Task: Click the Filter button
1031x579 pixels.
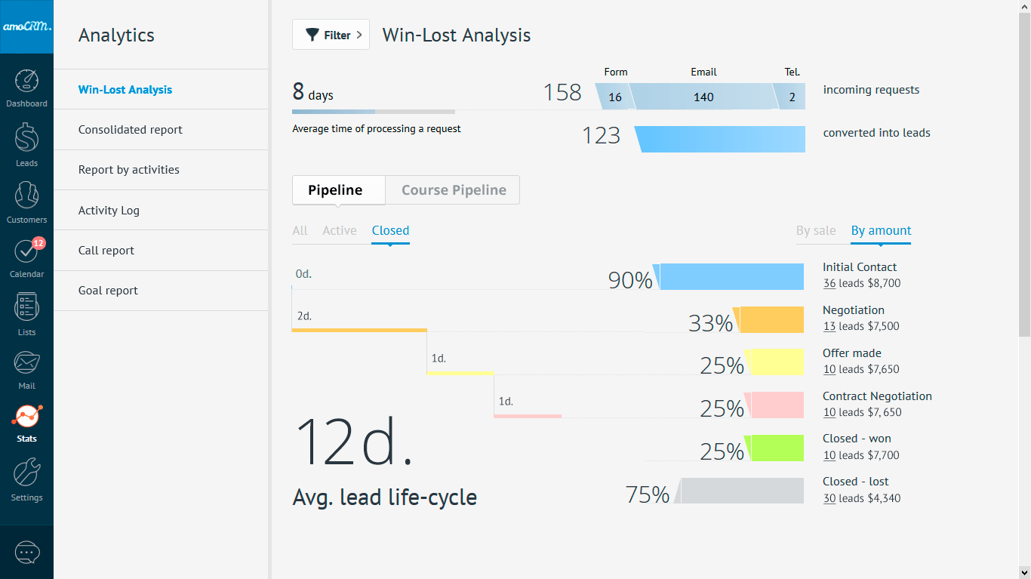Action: click(x=331, y=35)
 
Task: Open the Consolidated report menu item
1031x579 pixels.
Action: click(x=131, y=130)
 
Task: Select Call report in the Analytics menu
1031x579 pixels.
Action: click(x=106, y=251)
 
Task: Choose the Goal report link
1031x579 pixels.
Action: click(x=108, y=291)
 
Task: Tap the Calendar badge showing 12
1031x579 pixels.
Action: click(x=38, y=243)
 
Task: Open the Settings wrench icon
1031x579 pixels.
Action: click(x=26, y=473)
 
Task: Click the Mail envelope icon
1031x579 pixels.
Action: click(x=26, y=363)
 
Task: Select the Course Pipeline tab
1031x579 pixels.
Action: click(x=453, y=190)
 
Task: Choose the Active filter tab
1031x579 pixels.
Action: click(x=339, y=231)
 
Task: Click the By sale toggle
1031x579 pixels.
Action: click(x=815, y=231)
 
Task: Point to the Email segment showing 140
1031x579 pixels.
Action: click(x=703, y=97)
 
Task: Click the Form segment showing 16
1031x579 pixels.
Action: click(x=614, y=97)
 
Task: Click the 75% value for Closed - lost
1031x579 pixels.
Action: click(x=647, y=495)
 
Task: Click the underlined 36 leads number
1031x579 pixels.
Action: click(x=829, y=284)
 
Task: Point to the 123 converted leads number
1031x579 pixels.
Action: click(x=601, y=136)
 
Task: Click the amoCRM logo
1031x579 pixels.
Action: click(x=26, y=26)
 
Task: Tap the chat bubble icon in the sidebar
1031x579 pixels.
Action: click(x=26, y=553)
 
